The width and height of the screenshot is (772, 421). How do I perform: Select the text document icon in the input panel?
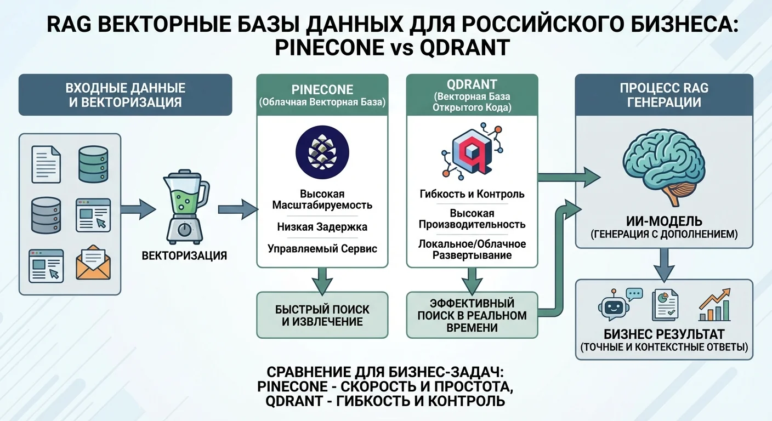46,163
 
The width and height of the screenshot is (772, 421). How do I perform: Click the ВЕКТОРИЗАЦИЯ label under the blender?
184,255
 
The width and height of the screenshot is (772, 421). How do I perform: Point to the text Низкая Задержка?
322,226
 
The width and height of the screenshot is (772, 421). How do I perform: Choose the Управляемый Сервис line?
322,248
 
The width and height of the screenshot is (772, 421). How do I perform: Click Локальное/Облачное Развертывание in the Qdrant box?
472,249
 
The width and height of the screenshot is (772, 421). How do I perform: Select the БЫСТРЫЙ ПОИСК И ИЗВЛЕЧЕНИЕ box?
322,315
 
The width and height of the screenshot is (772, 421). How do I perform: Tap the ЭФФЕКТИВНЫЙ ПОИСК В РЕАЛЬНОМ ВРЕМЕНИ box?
472,315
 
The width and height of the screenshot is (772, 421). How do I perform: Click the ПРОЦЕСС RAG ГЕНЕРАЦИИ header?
663,95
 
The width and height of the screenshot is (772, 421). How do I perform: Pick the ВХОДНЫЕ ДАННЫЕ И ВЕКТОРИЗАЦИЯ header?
125,95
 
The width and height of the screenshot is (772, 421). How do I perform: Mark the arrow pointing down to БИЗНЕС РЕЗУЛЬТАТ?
663,261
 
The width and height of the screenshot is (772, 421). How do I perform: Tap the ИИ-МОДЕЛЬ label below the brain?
663,221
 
